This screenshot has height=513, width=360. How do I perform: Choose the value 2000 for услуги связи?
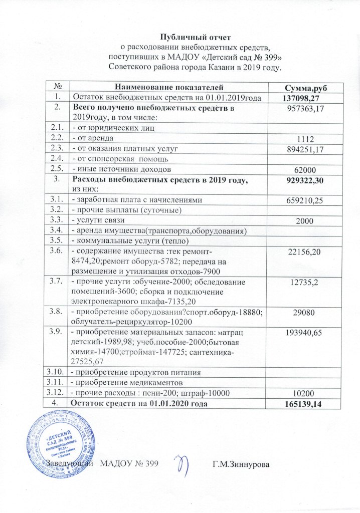coord(302,221)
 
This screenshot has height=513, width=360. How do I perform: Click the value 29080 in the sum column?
coord(302,312)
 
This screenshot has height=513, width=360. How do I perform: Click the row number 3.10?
coord(58,373)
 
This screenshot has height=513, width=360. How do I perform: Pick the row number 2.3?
coord(58,149)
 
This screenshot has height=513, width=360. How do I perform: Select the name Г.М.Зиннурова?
coord(241,465)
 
